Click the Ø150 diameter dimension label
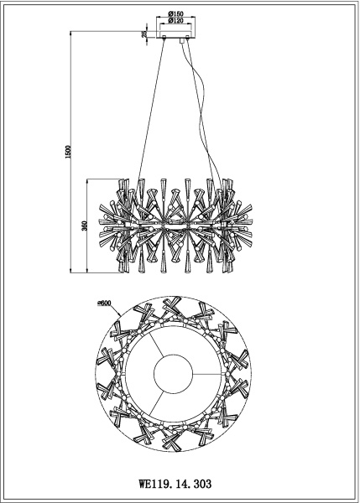(x=177, y=14)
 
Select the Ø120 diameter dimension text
(x=177, y=23)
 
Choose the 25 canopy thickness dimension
(x=145, y=34)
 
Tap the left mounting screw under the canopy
(x=163, y=41)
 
